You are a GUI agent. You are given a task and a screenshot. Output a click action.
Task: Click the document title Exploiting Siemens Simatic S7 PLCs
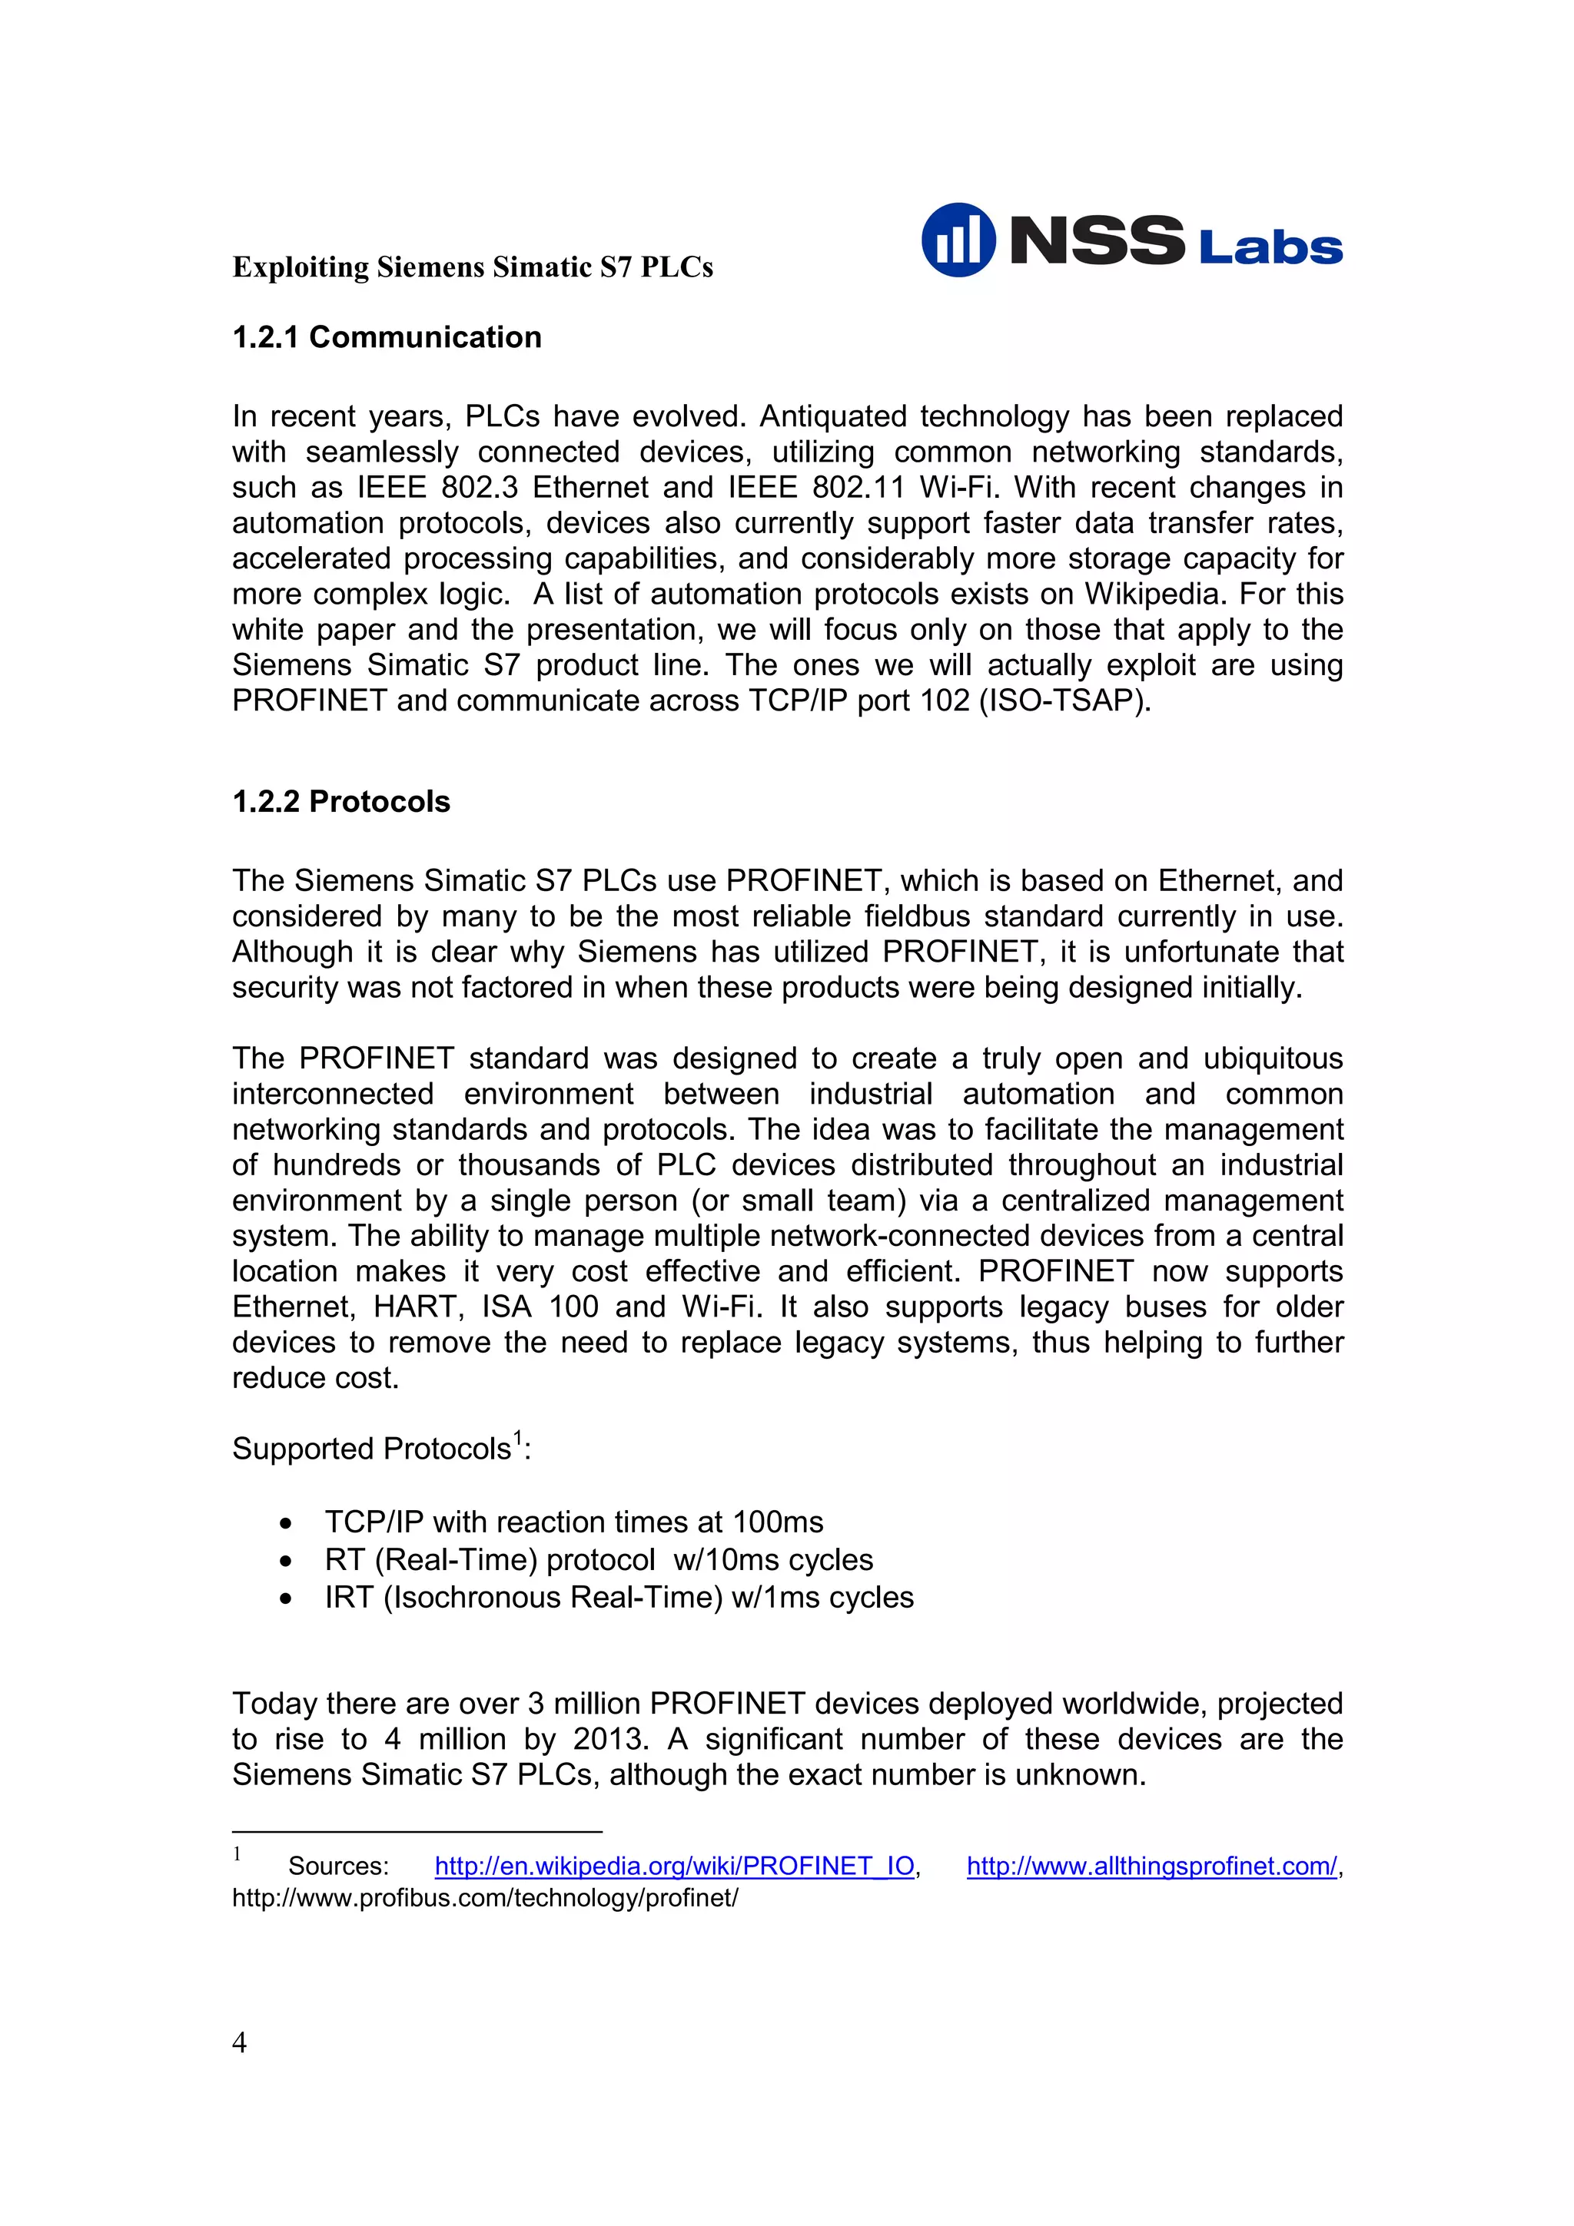[473, 267]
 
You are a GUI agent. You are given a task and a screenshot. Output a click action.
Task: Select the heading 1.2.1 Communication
[387, 336]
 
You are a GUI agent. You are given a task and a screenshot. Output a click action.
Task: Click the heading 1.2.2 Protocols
[341, 801]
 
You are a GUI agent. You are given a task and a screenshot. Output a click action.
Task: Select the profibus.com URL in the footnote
[485, 1897]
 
